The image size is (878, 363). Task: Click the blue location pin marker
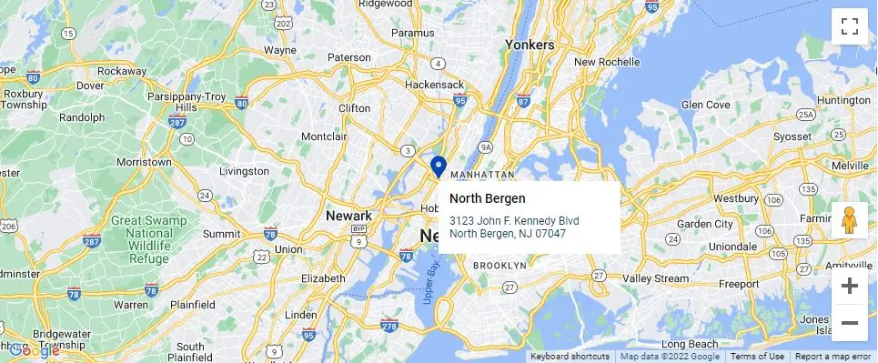438,166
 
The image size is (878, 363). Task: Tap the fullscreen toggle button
850,26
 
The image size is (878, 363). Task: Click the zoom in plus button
850,286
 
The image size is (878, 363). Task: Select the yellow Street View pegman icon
850,221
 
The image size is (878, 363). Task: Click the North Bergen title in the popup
487,198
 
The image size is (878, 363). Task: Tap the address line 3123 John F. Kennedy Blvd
514,221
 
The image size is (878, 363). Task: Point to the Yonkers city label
529,45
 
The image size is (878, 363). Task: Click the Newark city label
349,216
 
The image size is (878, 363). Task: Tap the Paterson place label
350,56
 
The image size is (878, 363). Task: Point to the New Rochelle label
609,62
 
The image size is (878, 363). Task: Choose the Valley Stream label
655,278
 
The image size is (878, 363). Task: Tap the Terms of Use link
757,357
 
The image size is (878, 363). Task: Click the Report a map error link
833,357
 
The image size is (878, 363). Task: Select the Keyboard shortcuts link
570,357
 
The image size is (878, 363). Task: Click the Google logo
34,349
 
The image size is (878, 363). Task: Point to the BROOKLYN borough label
500,266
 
